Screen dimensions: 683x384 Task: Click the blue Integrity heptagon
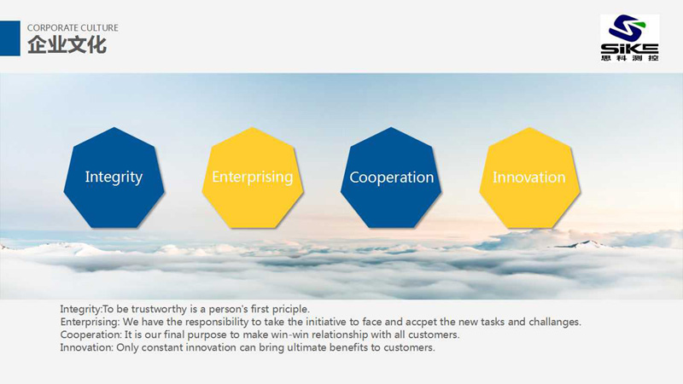114,177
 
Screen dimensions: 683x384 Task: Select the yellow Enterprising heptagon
252,177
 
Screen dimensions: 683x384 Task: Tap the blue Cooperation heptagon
391,177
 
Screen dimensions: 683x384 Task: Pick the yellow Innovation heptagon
529,177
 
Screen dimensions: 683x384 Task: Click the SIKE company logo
629,38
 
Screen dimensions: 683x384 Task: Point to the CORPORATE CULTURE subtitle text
73,28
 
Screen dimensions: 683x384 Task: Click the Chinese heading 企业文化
67,45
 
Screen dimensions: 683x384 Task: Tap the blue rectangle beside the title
10,38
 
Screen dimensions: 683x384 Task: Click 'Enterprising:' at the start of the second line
90,323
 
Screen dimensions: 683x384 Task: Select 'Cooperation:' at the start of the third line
91,335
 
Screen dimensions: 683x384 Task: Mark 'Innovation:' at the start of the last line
87,347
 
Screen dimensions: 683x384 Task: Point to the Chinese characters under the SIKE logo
629,58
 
